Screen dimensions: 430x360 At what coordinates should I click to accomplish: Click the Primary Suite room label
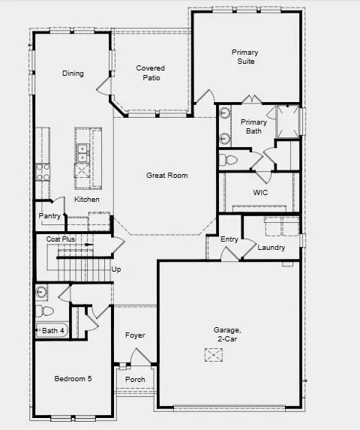244,57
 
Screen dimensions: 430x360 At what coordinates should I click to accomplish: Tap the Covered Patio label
150,73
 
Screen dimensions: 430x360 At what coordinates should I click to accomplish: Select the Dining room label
73,74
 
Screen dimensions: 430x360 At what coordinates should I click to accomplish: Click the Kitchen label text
87,200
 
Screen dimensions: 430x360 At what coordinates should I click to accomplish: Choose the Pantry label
49,216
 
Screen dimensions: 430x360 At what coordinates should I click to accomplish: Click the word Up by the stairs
116,269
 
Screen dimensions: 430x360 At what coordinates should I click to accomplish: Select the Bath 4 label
53,330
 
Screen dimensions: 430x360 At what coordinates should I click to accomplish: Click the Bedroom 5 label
73,379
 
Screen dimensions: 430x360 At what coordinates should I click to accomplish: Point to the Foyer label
135,335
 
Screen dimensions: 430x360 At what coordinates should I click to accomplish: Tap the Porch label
135,379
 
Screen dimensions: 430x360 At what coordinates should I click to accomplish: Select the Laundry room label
271,248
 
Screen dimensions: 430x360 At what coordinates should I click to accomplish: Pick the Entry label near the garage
229,239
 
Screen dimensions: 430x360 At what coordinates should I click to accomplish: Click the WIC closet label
260,193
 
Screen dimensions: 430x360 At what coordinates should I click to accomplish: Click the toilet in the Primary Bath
229,160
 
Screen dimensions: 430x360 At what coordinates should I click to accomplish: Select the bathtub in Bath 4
52,330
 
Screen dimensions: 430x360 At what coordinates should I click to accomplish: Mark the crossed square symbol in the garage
214,356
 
